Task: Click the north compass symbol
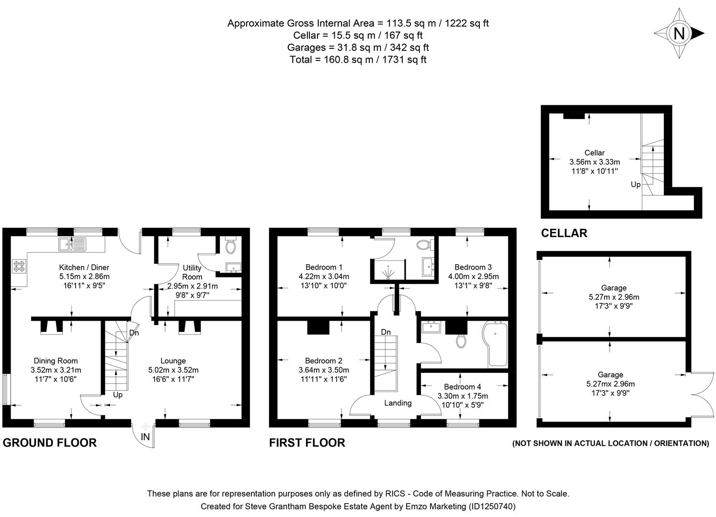click(x=679, y=34)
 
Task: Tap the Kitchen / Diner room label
click(x=84, y=267)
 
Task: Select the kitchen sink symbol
click(x=71, y=244)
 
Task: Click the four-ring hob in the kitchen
click(x=20, y=266)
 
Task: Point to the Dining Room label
click(x=56, y=361)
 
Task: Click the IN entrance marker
click(x=145, y=437)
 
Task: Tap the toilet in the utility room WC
click(x=231, y=247)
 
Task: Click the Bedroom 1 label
click(x=324, y=267)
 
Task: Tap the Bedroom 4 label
click(x=462, y=387)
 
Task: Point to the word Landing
click(x=398, y=403)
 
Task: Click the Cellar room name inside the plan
click(x=594, y=153)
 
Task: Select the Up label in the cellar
click(x=635, y=185)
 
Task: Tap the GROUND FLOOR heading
click(x=50, y=443)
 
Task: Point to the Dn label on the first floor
click(x=386, y=332)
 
